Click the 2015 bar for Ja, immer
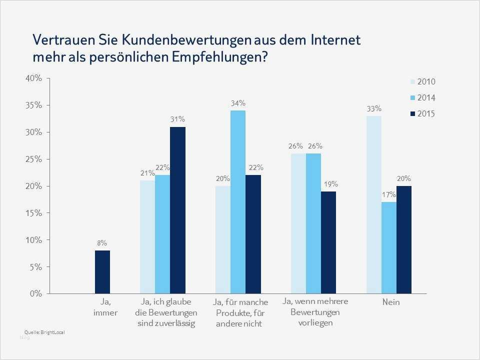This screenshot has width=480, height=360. [x=102, y=272]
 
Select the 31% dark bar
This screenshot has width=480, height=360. [x=177, y=210]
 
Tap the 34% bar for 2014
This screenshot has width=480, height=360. [x=238, y=202]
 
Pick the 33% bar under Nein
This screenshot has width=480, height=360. [x=373, y=205]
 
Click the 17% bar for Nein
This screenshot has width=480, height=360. [x=389, y=247]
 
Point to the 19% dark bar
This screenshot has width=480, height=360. [x=328, y=242]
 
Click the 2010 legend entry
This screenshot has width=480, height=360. [x=423, y=82]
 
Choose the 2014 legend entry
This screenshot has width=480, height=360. [x=423, y=98]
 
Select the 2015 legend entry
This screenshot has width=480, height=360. [x=423, y=114]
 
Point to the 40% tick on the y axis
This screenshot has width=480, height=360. [x=34, y=78]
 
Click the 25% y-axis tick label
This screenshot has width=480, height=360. [x=34, y=159]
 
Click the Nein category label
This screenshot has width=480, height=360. [x=391, y=302]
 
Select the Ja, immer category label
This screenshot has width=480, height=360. [x=105, y=307]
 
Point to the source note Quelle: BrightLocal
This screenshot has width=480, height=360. [x=44, y=332]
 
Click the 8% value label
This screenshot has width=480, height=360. [x=102, y=243]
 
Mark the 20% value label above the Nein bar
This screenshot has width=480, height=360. [x=404, y=178]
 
